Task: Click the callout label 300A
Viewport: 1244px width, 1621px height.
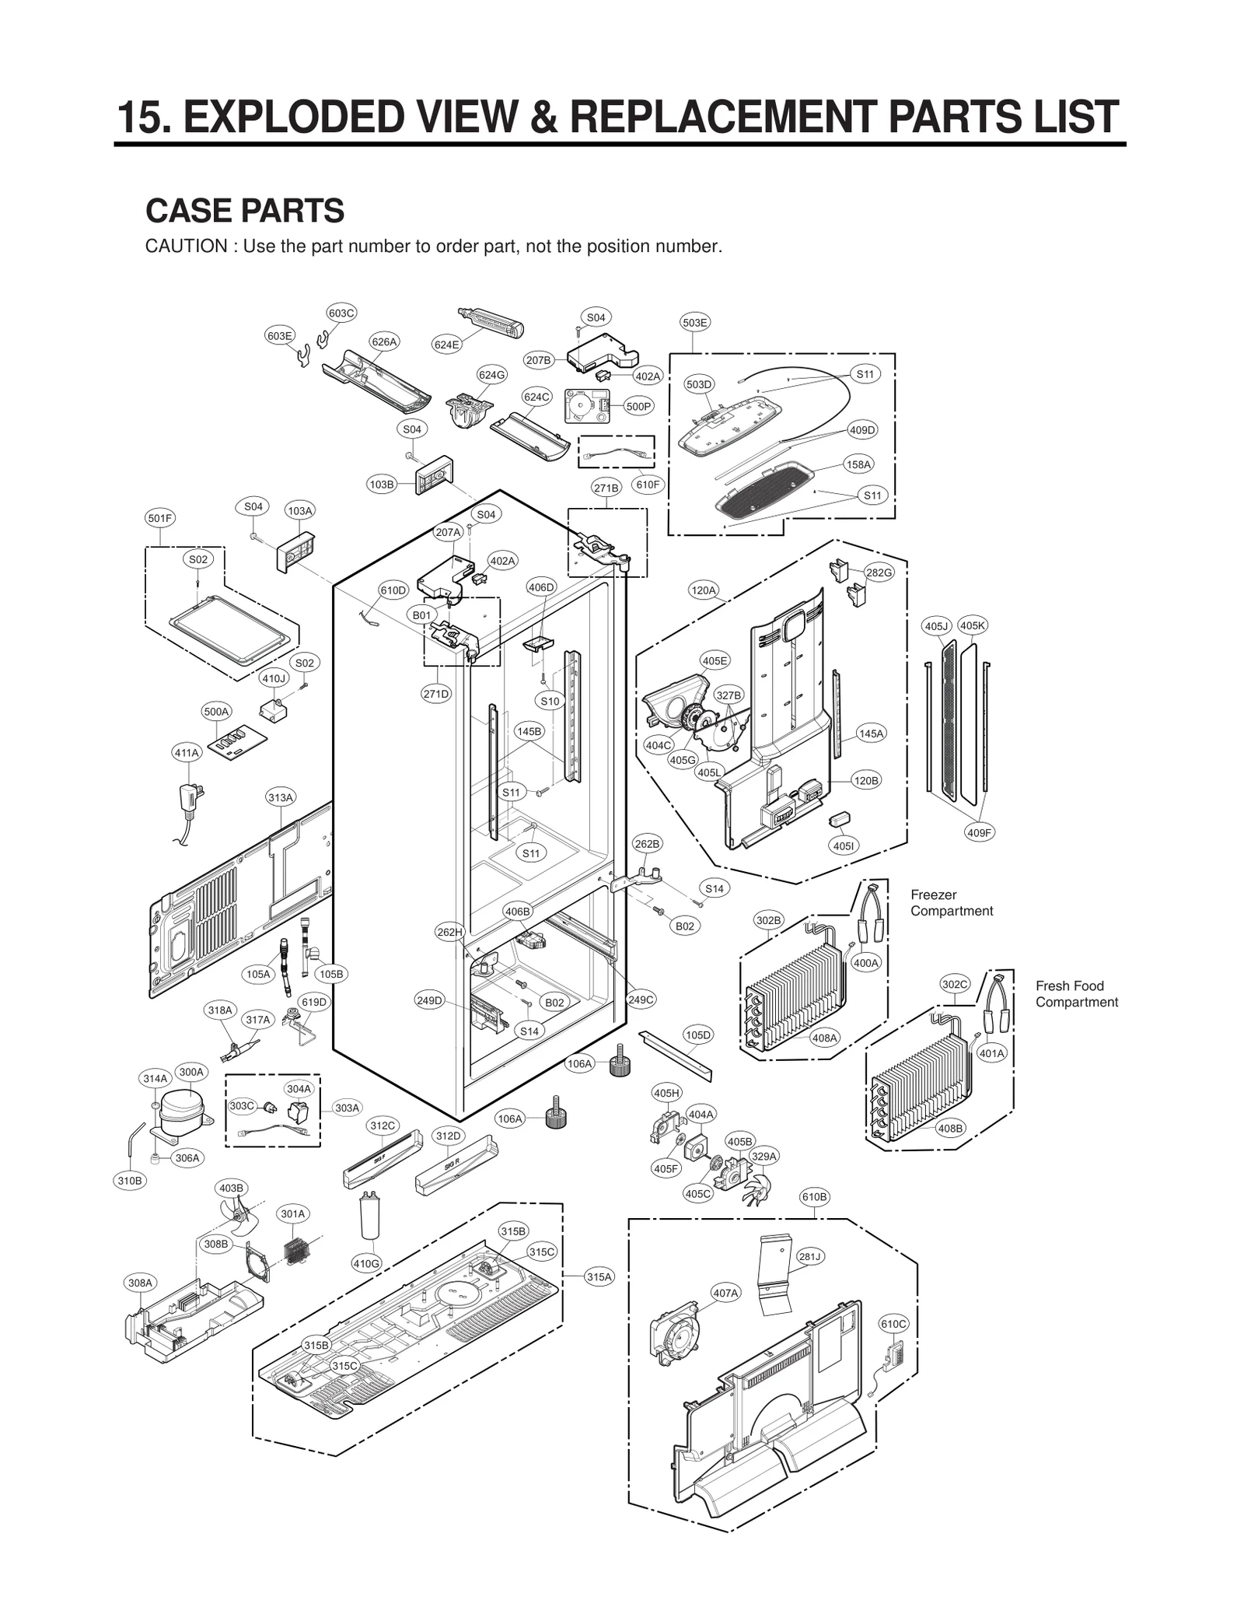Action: (191, 1072)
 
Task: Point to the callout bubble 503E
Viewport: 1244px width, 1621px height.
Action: (694, 322)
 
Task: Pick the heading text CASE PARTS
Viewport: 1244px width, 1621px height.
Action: (245, 211)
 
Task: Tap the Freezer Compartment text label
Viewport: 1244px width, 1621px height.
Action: (952, 902)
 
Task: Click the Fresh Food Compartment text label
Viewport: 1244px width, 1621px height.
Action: (1076, 994)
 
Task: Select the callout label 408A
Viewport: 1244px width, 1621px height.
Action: (824, 1038)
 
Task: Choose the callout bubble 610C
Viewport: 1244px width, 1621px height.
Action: (893, 1323)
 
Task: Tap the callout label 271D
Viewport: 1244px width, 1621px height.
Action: (436, 694)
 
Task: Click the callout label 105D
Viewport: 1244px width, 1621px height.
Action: (698, 1035)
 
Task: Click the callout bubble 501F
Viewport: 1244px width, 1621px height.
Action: (160, 518)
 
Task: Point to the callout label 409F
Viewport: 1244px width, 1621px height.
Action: (980, 832)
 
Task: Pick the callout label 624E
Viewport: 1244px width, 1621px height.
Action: (446, 345)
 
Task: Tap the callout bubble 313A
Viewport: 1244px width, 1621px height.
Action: (281, 798)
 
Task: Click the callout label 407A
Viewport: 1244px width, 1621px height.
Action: (725, 1293)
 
